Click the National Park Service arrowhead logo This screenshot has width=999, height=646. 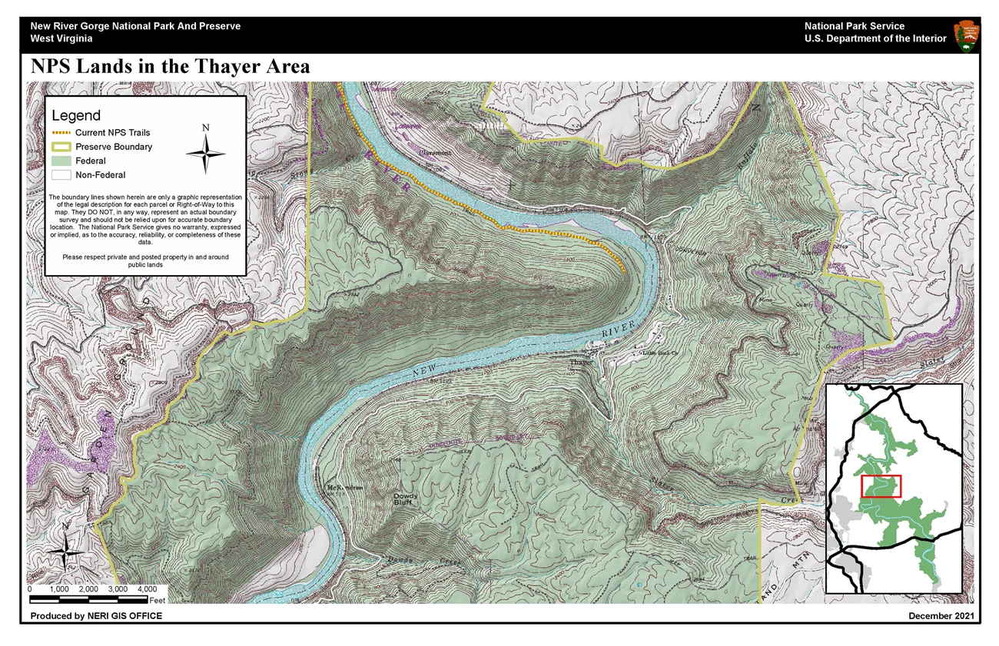966,35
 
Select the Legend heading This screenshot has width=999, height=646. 76,116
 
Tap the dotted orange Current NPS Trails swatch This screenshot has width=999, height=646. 61,132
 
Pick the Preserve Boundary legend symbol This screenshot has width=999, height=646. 61,147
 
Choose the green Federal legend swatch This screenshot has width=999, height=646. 61,161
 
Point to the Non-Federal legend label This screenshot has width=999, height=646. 100,175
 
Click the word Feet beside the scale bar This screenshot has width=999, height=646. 158,599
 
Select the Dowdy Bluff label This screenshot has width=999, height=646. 406,500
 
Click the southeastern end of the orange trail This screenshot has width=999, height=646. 623,271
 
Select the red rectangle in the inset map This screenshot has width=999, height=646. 881,486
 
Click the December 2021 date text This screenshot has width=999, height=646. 941,616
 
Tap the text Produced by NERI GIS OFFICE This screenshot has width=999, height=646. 96,616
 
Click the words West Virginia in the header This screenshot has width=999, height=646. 61,38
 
